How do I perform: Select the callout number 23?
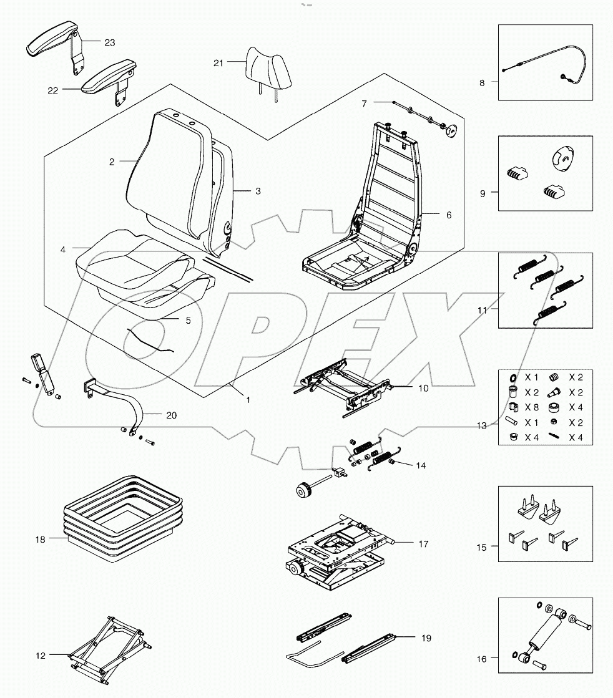pyautogui.click(x=110, y=42)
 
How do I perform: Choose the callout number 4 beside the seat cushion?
pyautogui.click(x=63, y=250)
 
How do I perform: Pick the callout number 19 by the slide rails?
pyautogui.click(x=426, y=637)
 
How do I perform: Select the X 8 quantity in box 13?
pyautogui.click(x=531, y=408)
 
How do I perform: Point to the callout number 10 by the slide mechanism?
pyautogui.click(x=423, y=388)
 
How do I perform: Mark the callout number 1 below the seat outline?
pyautogui.click(x=248, y=400)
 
